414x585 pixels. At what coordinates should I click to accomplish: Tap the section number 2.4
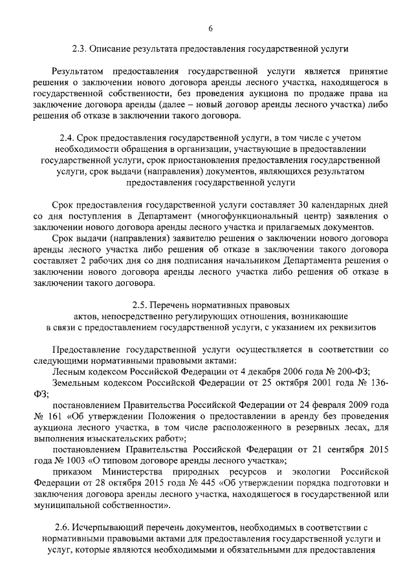click(x=65, y=138)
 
